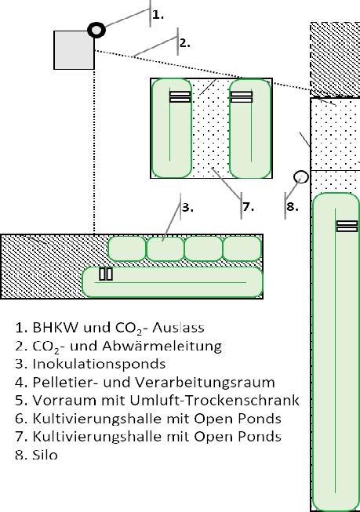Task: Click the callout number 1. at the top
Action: [158, 15]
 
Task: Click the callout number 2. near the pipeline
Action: [185, 43]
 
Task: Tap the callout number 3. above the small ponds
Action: [187, 207]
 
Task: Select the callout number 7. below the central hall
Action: [249, 207]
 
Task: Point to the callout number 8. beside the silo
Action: [293, 207]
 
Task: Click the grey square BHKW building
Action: [75, 50]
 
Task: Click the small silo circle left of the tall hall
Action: [301, 177]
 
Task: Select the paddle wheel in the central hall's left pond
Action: [180, 96]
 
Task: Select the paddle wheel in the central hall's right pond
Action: [242, 96]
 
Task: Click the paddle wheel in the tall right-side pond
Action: [347, 226]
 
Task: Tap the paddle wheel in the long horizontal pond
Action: [106, 274]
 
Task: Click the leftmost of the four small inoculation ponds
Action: [127, 249]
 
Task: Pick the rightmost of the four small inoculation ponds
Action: [242, 249]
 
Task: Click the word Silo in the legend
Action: [45, 455]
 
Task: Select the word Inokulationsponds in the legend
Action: [99, 364]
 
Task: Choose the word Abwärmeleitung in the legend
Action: [162, 346]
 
